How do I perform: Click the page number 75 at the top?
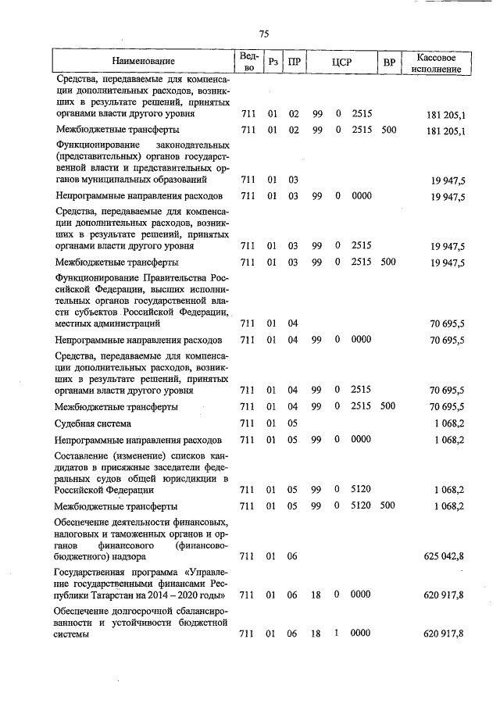(x=263, y=33)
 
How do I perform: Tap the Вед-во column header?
(x=249, y=62)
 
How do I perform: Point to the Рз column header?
(x=273, y=62)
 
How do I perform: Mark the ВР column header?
(x=388, y=62)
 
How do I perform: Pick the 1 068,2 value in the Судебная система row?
(x=449, y=423)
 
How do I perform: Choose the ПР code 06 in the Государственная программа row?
(x=294, y=595)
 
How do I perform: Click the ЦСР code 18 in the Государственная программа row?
(x=316, y=595)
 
